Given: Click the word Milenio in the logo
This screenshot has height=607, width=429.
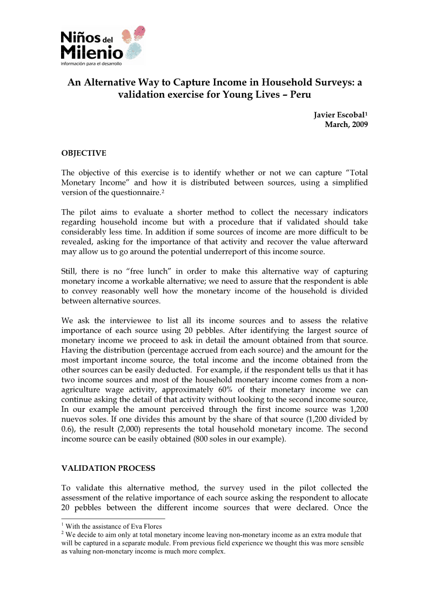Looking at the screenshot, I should tap(91, 52).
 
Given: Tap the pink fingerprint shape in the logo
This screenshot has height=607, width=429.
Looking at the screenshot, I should tap(139, 32).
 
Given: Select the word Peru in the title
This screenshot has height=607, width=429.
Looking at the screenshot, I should tap(300, 94).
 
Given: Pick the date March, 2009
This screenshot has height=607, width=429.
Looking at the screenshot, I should tap(346, 124).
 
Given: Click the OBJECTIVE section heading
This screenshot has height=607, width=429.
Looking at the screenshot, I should tap(84, 153).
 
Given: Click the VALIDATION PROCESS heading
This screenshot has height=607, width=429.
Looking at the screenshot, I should tap(109, 468).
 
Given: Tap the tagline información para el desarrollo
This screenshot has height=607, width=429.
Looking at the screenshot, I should tap(91, 63).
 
